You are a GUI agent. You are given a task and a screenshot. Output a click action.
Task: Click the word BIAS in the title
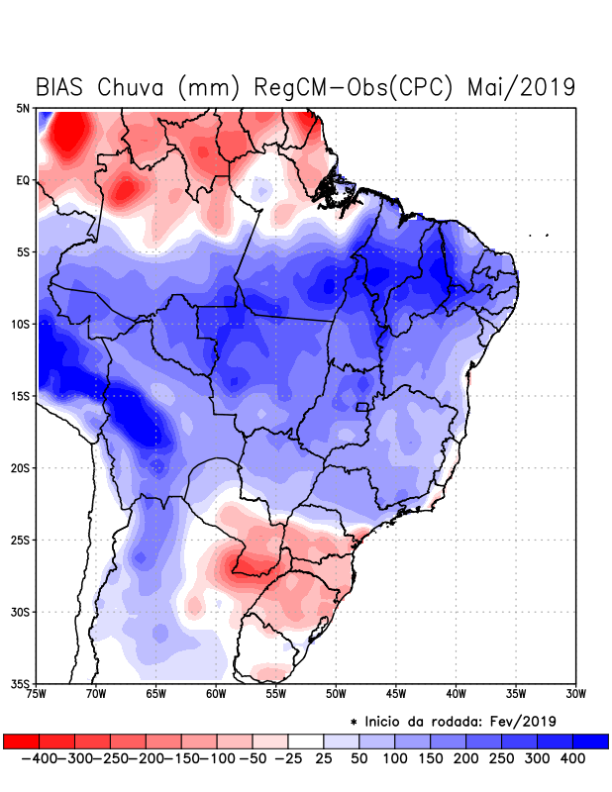pos(63,87)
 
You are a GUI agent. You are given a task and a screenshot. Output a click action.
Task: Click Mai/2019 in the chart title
pos(523,87)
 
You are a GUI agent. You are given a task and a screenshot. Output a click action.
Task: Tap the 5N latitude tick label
pos(23,109)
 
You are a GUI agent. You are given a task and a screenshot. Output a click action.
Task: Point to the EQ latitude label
pos(23,180)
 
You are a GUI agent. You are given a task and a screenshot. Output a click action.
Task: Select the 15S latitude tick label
pos(21,396)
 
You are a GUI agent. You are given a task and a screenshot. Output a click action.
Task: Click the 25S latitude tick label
pos(21,540)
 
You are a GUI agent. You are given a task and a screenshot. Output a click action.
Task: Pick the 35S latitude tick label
pos(21,683)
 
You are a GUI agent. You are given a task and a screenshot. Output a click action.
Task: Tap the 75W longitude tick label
pos(37,694)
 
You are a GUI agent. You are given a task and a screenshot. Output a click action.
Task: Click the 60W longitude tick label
pos(216,694)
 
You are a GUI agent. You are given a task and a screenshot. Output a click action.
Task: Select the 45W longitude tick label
pos(396,694)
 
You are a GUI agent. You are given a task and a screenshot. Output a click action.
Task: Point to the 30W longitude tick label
pos(575,694)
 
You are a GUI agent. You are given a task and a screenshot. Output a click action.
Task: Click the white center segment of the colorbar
pos(307,741)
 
